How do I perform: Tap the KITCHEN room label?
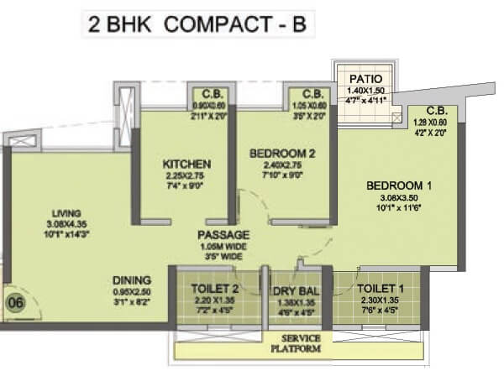(x=186, y=164)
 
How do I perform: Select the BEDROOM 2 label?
(x=281, y=154)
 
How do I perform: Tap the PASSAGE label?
(x=223, y=235)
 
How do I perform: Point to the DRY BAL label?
(x=297, y=291)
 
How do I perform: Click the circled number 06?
(x=15, y=299)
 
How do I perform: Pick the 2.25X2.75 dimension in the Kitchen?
(x=186, y=175)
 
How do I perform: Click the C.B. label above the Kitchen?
(x=206, y=94)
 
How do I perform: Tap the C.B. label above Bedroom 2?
(x=312, y=94)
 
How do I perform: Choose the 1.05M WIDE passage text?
(x=223, y=248)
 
